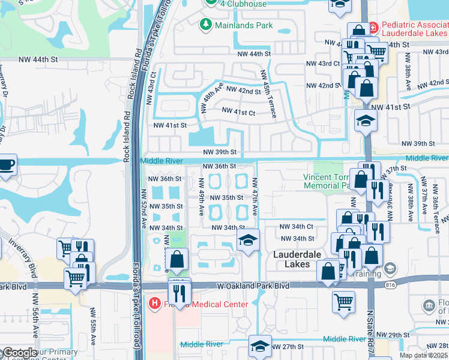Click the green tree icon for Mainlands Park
point(205,25)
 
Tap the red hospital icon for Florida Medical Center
point(155,304)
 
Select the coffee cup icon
point(7,165)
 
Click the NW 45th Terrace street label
point(267,93)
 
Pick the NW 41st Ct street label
point(238,112)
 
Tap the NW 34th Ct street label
point(297,226)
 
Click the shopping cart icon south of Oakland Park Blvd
point(343,302)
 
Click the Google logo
point(20,353)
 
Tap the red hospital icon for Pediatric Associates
point(373,27)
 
